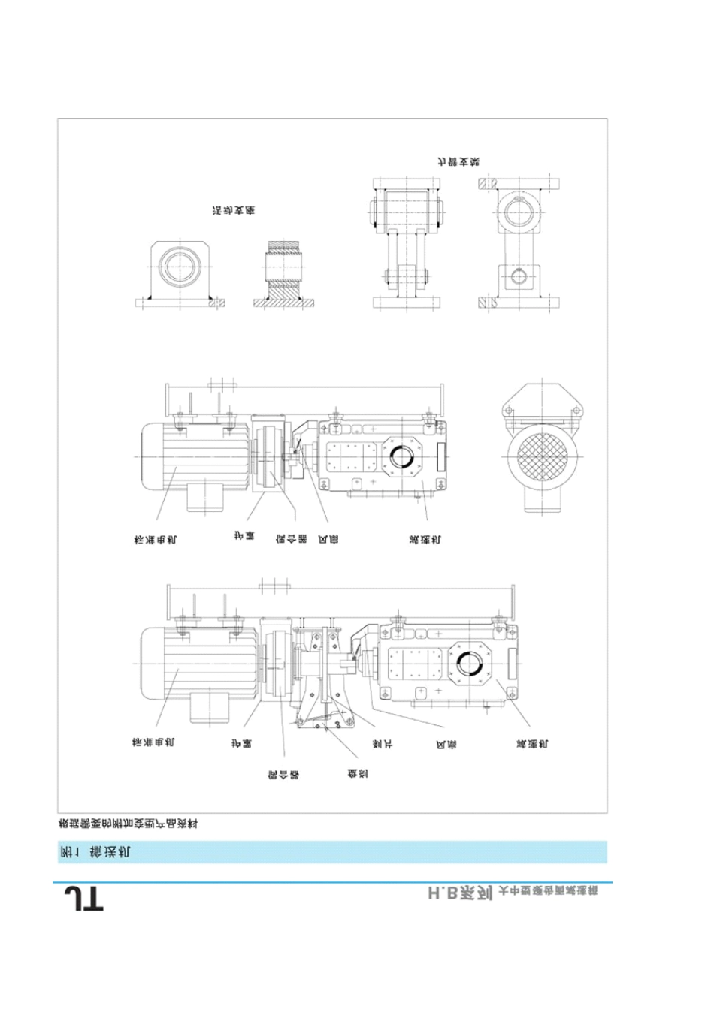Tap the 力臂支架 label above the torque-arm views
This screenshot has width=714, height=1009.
tap(459, 161)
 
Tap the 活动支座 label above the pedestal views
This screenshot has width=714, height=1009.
tap(233, 211)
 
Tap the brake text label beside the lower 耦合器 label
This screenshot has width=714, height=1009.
tap(357, 773)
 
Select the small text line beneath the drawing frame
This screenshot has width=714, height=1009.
tap(128, 824)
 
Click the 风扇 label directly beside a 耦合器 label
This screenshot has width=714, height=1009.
tap(328, 538)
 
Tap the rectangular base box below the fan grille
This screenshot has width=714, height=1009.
tap(543, 503)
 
